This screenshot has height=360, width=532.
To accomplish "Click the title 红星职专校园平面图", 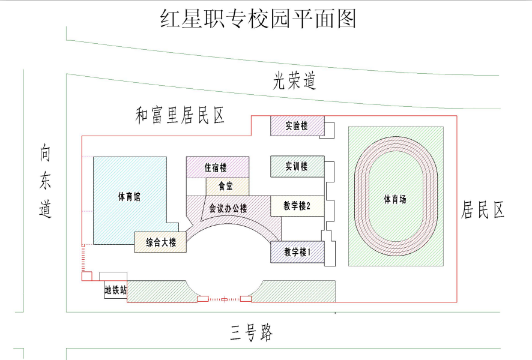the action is pos(258,19).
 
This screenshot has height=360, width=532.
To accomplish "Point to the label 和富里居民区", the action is pos(180,115).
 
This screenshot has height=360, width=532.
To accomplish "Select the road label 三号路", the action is pos(252,333).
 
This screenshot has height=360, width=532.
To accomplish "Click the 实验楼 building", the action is pos(297,126).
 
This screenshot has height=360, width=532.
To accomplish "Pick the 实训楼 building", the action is pos(297,166).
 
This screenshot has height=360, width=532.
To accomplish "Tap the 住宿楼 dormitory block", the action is pos(217,167).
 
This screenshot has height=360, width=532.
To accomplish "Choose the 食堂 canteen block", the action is pos(228,187).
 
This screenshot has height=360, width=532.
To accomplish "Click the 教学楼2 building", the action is pos(297,206).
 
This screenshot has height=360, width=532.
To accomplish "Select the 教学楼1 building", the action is pos(297,252).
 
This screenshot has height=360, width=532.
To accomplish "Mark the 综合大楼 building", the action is pos(160,242).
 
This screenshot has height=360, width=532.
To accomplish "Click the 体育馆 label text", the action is pos(129,197).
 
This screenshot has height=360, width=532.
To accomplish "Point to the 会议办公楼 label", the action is pos(228,208).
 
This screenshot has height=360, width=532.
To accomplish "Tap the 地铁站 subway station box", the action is pos(116,290).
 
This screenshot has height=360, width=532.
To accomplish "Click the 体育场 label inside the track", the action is pos(395,199).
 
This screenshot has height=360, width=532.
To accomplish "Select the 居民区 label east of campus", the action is pos(482,209).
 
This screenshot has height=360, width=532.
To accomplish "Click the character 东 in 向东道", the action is pos(45,181).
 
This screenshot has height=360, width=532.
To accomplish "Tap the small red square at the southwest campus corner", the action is pos(87,276).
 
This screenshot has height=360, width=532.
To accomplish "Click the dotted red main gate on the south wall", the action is pos(224,299).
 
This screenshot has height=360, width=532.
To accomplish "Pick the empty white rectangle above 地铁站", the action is pos(113,276).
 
